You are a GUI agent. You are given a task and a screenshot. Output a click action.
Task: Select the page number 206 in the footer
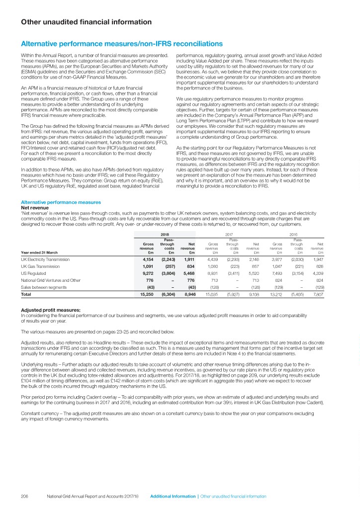[25, 496]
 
